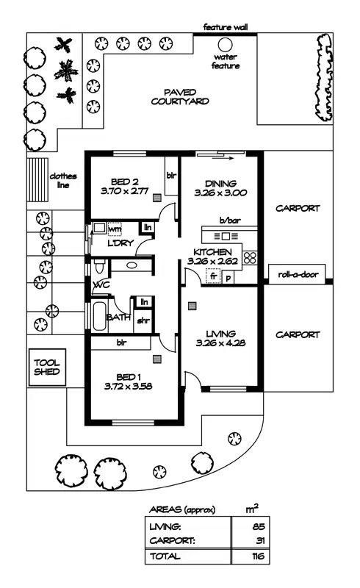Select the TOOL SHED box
tap(46, 367)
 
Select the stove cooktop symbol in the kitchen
tap(250, 257)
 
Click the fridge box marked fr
tap(214, 277)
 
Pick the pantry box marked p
tap(228, 277)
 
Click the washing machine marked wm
tap(114, 229)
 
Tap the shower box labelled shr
tap(143, 320)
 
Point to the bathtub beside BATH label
tap(98, 317)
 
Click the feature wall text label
tap(226, 26)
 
